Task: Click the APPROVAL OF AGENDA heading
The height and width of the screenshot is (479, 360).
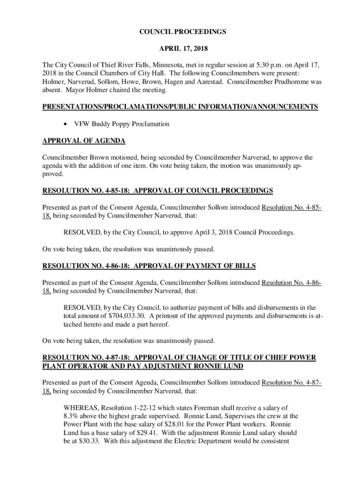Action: click(x=84, y=141)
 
